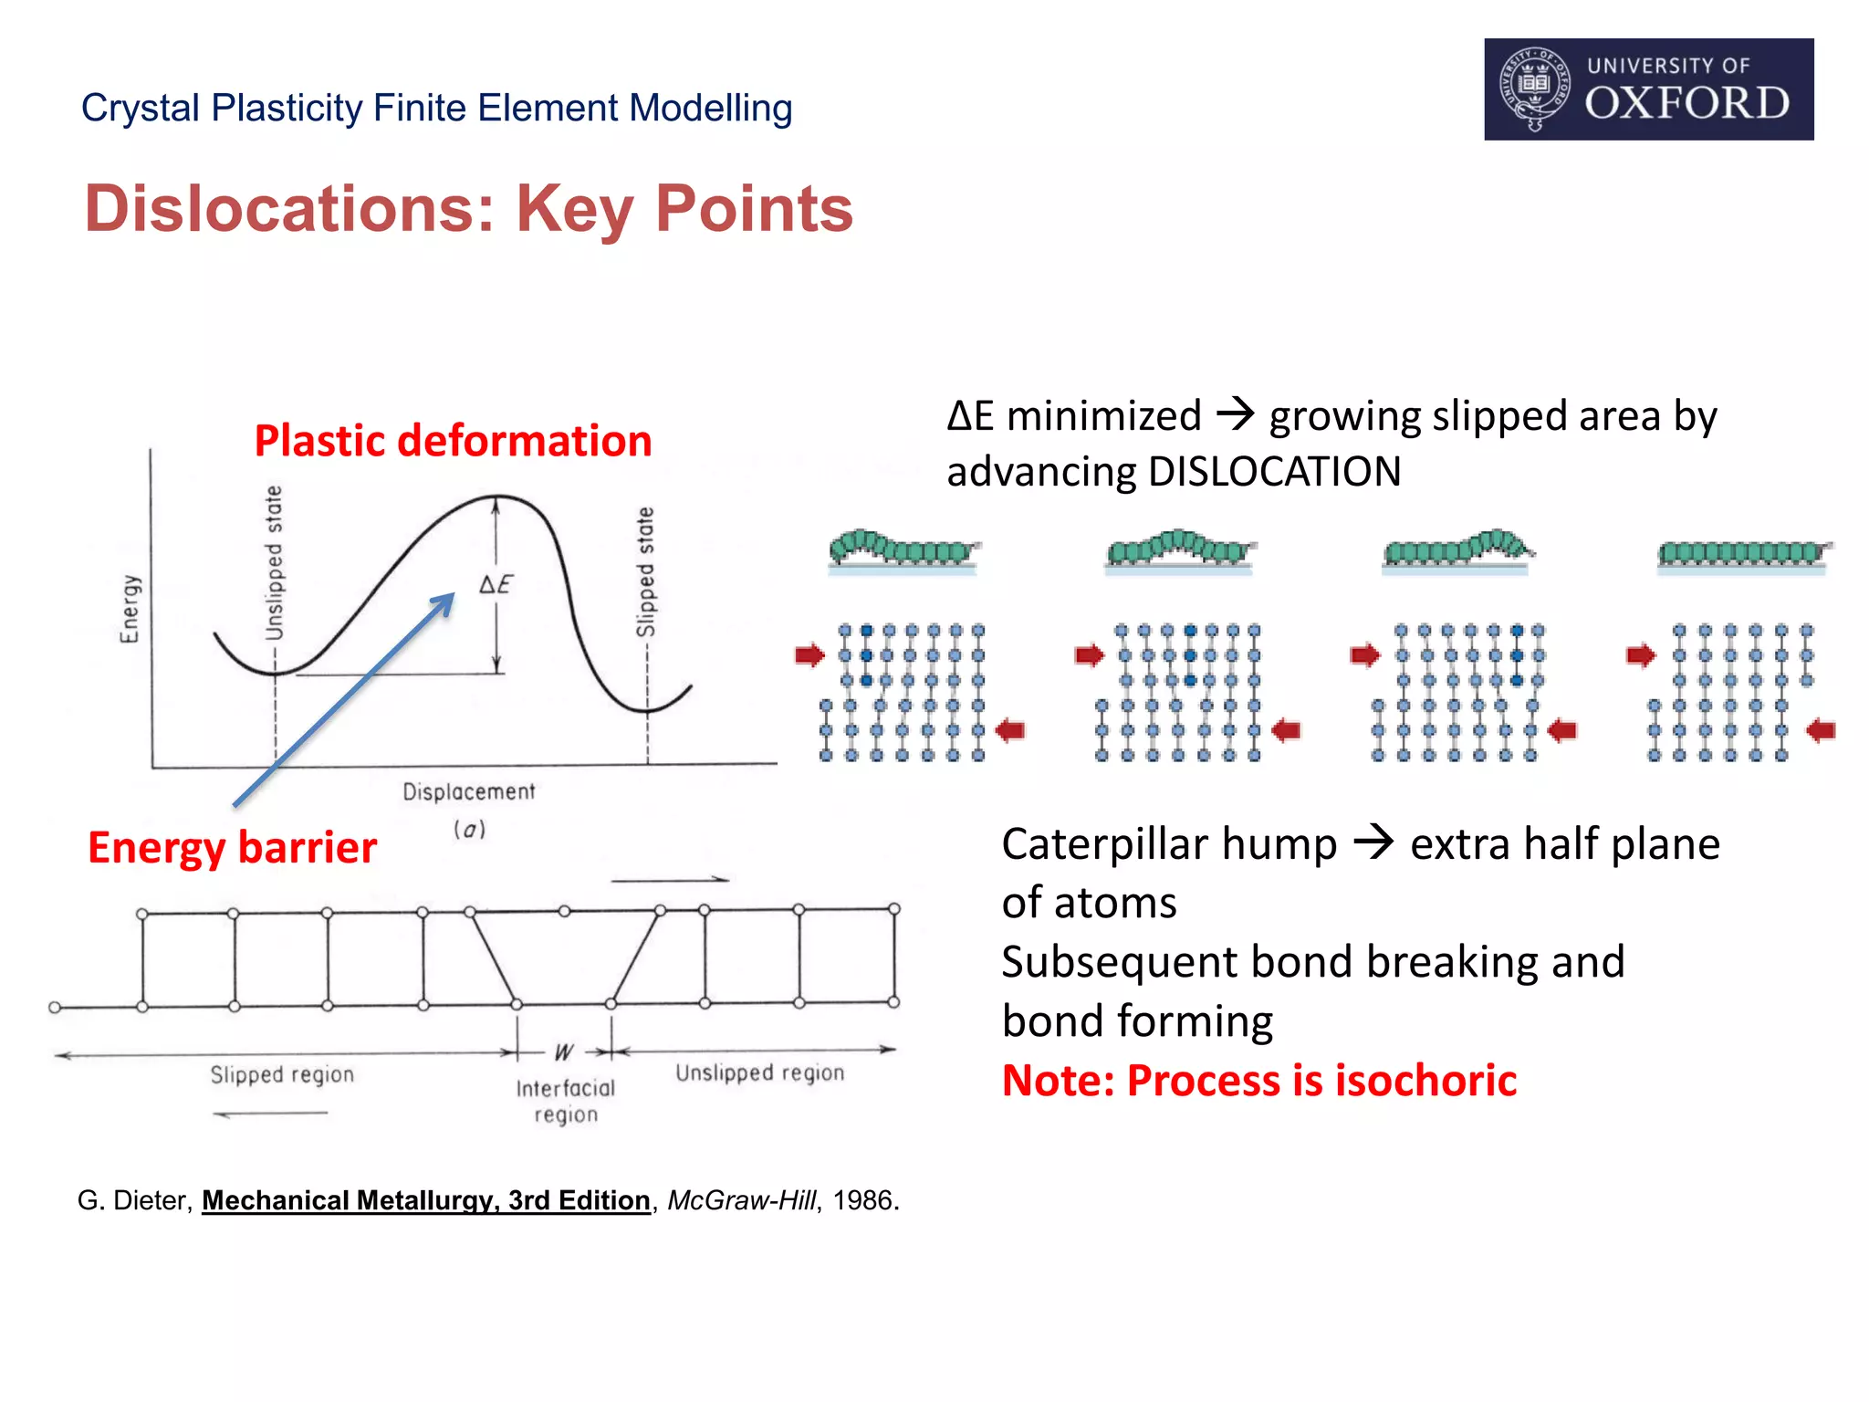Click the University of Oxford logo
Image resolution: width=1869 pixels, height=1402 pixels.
click(1648, 89)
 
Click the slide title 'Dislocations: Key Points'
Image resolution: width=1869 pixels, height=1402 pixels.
click(468, 209)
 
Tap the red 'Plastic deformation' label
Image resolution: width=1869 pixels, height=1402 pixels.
click(453, 441)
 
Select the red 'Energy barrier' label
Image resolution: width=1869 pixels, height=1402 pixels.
click(232, 848)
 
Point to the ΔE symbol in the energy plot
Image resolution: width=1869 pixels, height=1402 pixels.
click(496, 584)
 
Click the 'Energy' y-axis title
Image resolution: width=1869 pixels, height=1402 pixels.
click(131, 608)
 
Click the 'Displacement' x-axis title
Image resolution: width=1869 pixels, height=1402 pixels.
click(469, 791)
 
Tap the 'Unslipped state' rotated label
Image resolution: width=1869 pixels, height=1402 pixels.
click(274, 562)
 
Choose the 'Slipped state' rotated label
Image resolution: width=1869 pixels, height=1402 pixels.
click(645, 571)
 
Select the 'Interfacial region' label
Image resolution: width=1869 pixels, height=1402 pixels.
click(566, 1101)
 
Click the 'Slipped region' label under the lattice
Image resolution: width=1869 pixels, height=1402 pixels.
click(282, 1074)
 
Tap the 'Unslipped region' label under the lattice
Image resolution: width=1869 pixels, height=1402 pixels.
click(759, 1072)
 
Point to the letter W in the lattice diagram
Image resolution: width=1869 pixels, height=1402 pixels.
click(564, 1052)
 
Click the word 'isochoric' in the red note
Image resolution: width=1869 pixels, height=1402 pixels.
click(1425, 1081)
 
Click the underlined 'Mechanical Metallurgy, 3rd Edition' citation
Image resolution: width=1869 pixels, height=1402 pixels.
click(425, 1200)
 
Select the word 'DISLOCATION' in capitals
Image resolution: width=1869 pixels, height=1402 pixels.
click(1274, 472)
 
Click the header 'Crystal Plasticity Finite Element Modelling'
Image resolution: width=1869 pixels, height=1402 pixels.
click(436, 108)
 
